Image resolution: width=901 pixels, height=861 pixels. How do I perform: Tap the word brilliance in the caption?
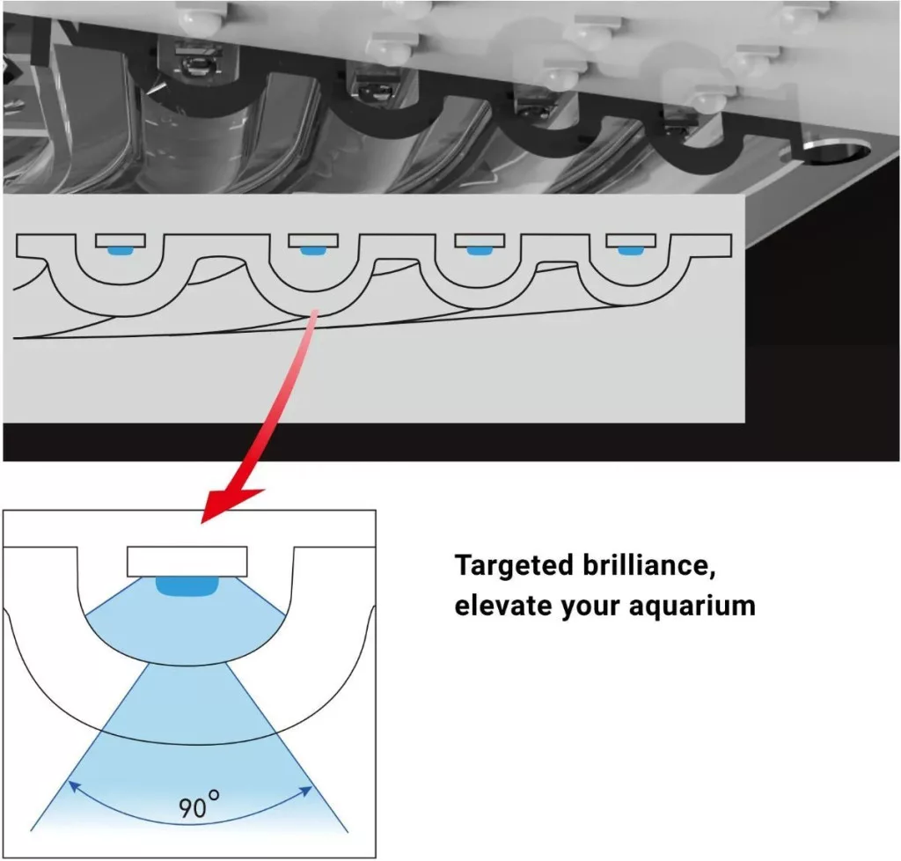pyautogui.click(x=648, y=564)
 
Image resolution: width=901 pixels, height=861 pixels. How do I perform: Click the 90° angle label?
pyautogui.click(x=198, y=805)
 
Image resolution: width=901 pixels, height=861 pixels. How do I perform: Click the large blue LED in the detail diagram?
pyautogui.click(x=187, y=586)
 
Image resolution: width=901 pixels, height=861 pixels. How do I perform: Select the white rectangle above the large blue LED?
pyautogui.click(x=187, y=562)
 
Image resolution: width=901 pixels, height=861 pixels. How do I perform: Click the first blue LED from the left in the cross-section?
pyautogui.click(x=120, y=251)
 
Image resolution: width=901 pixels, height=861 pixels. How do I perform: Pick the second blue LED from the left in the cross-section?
pyautogui.click(x=313, y=251)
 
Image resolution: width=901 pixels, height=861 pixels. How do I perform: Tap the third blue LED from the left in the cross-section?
pyautogui.click(x=480, y=251)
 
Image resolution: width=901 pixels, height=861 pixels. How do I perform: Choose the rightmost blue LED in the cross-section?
pyautogui.click(x=631, y=251)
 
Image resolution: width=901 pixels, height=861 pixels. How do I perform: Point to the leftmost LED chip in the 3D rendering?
pyautogui.click(x=197, y=63)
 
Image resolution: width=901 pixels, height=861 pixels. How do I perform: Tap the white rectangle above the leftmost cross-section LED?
pyautogui.click(x=120, y=240)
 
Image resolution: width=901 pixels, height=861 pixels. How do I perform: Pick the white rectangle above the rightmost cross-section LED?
pyautogui.click(x=631, y=240)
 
